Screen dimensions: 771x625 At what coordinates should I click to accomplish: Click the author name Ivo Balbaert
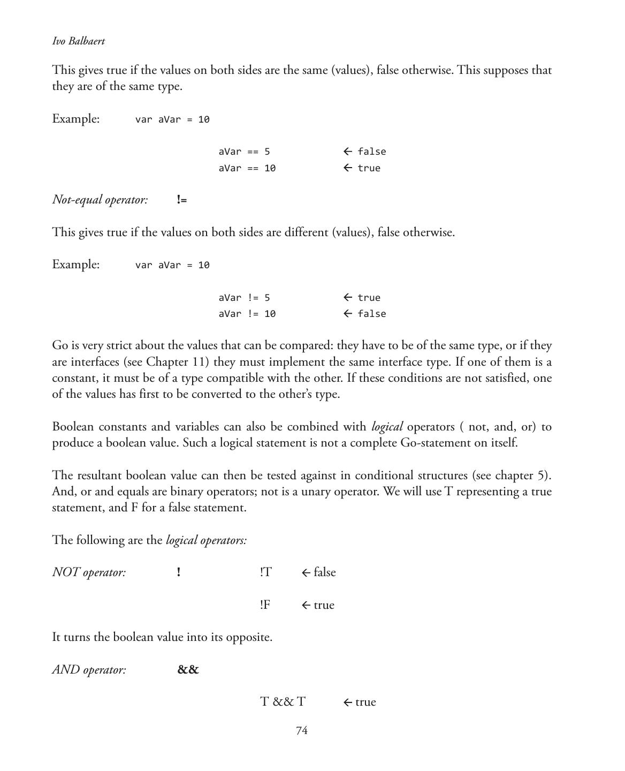(79, 41)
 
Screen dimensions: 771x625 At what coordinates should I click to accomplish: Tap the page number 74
(301, 731)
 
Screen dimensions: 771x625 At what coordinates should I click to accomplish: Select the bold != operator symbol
(182, 200)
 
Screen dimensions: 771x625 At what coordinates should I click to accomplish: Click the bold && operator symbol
(188, 670)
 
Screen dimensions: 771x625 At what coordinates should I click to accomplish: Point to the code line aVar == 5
(244, 152)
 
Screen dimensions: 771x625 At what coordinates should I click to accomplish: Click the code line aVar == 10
(247, 168)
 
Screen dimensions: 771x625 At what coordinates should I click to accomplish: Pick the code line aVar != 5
(244, 298)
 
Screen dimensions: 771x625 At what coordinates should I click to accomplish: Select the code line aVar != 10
(247, 314)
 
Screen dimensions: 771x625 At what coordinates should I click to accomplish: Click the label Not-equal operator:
(100, 200)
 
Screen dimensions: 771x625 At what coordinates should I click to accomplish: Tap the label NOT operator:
(89, 572)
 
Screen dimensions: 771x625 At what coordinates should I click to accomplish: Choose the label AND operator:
(89, 670)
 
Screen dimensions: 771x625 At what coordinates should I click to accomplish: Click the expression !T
(266, 572)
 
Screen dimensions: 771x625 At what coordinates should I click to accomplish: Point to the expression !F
(265, 605)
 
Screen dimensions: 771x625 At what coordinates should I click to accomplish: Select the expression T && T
(283, 702)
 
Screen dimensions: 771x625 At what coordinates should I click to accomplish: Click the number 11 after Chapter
(199, 362)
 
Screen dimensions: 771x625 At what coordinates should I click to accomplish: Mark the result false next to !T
(324, 572)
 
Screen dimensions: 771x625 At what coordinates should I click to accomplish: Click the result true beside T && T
(365, 702)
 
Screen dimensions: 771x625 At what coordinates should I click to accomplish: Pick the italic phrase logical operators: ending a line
(206, 540)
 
